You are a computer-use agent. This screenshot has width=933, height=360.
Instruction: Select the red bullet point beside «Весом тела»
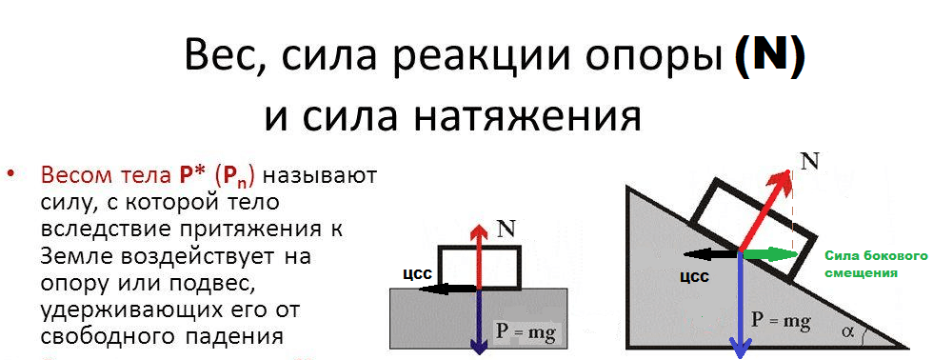click(x=12, y=176)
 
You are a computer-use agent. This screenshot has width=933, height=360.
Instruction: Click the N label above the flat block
click(x=506, y=230)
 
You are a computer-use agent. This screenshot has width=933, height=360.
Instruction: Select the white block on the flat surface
click(x=500, y=268)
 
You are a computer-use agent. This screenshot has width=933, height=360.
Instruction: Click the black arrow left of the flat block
click(x=446, y=288)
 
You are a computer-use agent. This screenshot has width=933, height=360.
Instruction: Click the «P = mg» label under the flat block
click(x=525, y=332)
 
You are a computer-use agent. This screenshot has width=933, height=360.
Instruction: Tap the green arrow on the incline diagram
click(x=768, y=253)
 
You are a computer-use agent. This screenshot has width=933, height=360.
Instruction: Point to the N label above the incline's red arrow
click(x=810, y=161)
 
